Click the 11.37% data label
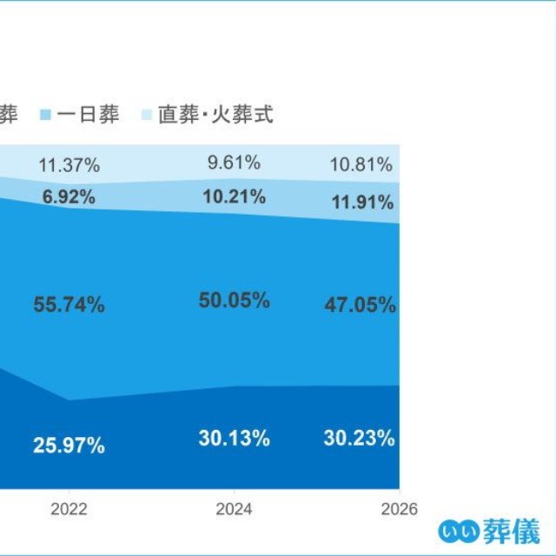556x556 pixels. click(x=69, y=165)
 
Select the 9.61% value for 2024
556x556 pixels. click(x=234, y=162)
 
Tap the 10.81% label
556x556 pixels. click(x=361, y=164)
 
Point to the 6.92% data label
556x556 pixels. click(x=69, y=197)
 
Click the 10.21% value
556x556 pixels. click(x=234, y=197)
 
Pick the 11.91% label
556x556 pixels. click(x=362, y=202)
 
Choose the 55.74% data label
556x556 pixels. click(x=69, y=305)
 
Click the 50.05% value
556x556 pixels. click(x=234, y=301)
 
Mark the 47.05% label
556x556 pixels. click(x=360, y=305)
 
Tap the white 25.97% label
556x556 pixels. click(x=69, y=446)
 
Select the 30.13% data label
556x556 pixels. click(x=234, y=438)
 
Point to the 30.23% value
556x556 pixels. click(x=359, y=438)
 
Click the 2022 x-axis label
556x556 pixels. click(x=69, y=510)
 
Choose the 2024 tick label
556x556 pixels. click(x=234, y=510)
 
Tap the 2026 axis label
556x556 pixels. click(x=400, y=510)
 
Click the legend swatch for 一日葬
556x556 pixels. click(x=45, y=115)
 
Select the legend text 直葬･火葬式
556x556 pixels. click(x=215, y=115)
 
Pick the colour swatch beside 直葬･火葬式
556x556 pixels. click(x=147, y=115)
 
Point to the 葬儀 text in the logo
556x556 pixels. click(x=512, y=532)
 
